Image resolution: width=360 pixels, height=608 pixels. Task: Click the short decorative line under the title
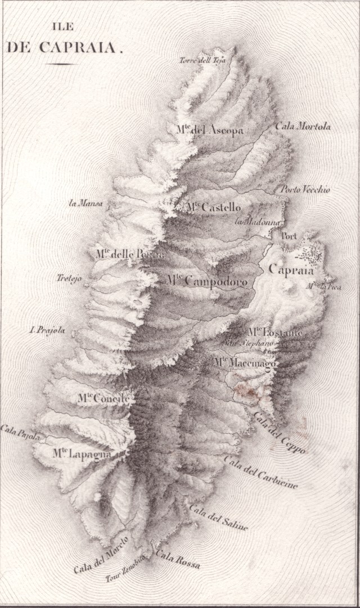tap(61, 64)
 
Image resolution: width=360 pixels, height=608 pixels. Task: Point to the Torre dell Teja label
tap(202, 61)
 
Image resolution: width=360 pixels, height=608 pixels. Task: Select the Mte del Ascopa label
tap(210, 131)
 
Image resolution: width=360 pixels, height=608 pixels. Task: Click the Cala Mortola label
tap(303, 126)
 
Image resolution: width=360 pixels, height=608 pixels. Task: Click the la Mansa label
tap(85, 204)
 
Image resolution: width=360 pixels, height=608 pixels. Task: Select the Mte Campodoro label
tap(206, 280)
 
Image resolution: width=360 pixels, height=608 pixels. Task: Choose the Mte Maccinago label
tap(245, 364)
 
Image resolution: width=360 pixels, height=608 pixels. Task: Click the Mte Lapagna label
tap(86, 454)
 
